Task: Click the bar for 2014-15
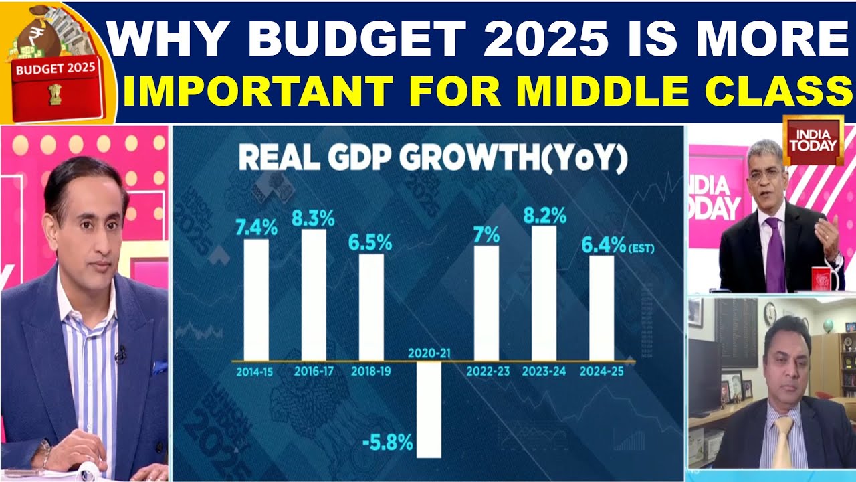pos(256,299)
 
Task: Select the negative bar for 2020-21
pos(429,409)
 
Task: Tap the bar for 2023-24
pos(544,293)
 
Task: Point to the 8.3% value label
pos(314,218)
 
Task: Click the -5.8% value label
pos(388,443)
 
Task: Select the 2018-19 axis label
pos(370,371)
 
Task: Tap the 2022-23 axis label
pos(486,371)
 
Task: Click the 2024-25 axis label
pos(602,371)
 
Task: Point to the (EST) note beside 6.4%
pos(641,248)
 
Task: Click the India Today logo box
pos(813,140)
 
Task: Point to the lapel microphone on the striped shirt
pos(121,354)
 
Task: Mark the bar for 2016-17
pos(314,295)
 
